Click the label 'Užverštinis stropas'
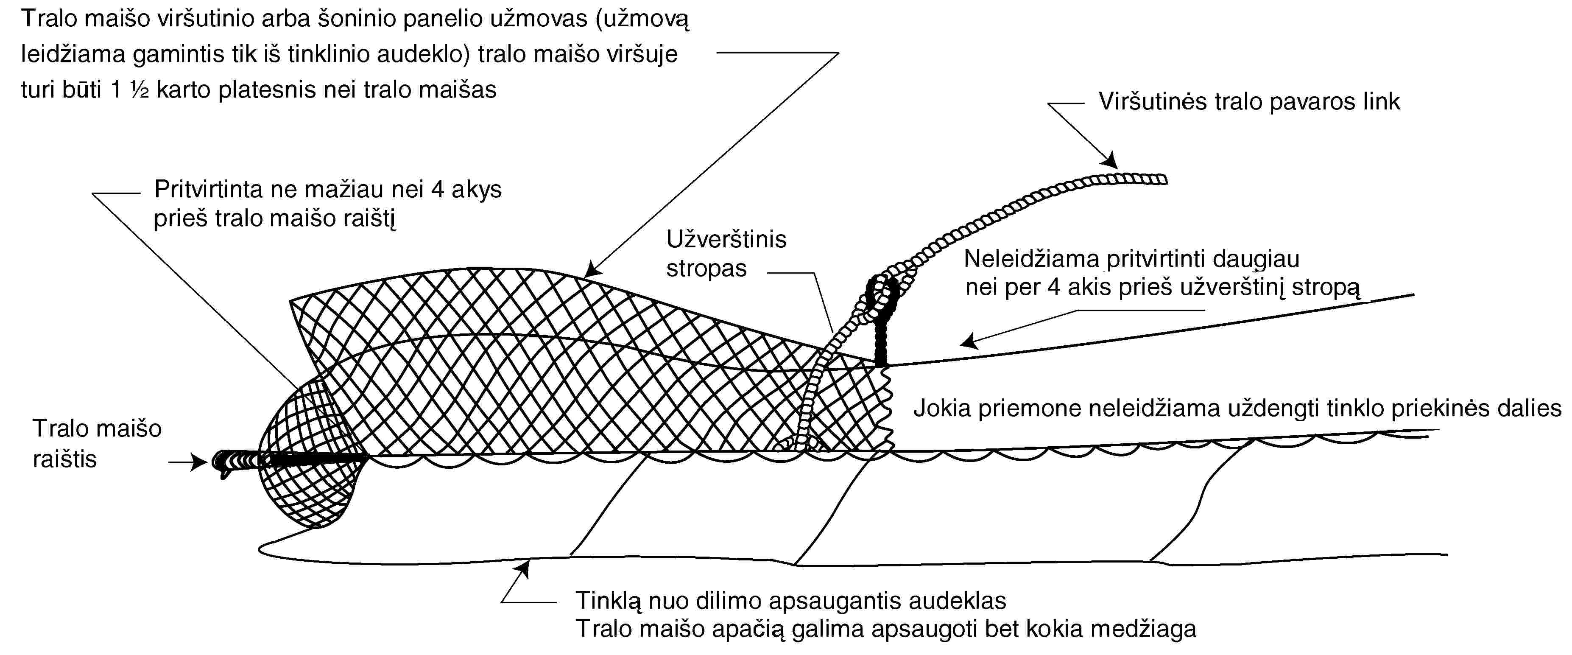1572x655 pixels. pyautogui.click(x=726, y=253)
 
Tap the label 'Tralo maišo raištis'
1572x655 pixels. pyautogui.click(x=96, y=444)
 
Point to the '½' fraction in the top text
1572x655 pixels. pyautogui.click(x=139, y=90)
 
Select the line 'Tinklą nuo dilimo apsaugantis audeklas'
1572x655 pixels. pyautogui.click(x=791, y=601)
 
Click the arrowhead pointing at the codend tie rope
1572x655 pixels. pyautogui.click(x=199, y=462)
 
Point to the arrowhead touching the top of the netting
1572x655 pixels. pyautogui.click(x=592, y=270)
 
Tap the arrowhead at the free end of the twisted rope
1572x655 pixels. pyautogui.click(x=1109, y=160)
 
